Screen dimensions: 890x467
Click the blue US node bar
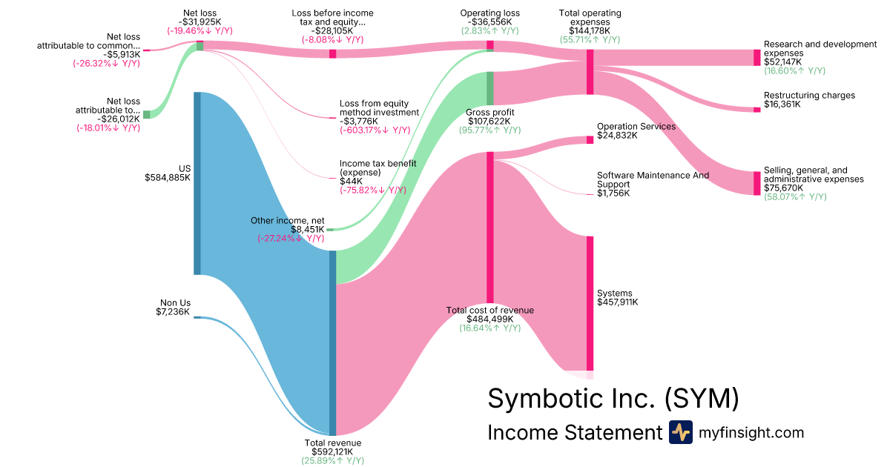[x=197, y=183]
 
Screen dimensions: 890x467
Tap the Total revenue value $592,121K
[x=333, y=451]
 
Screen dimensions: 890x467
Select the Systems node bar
[x=590, y=302]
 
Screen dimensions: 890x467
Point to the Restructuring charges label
[x=809, y=96]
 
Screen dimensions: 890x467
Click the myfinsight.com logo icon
[x=680, y=432]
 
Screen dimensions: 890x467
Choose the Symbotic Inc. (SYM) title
[x=613, y=398]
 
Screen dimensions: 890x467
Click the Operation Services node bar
[x=590, y=139]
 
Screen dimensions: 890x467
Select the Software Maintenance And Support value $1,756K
[x=613, y=193]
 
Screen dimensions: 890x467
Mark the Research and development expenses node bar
[x=757, y=57]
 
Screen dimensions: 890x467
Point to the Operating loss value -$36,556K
[x=489, y=21]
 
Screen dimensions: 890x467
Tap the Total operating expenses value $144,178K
[x=590, y=31]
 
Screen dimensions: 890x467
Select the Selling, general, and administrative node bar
[x=757, y=183]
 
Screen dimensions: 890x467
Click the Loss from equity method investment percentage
[x=375, y=130]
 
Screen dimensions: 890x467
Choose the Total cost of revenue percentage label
[x=489, y=328]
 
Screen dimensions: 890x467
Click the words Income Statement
[x=574, y=433]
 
